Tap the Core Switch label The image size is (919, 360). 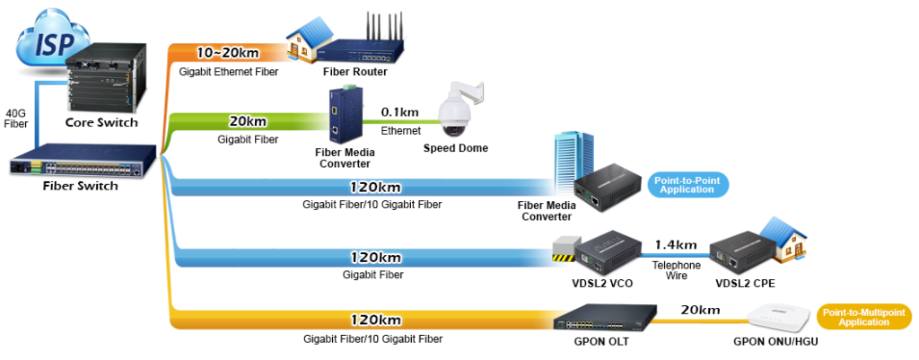tap(101, 122)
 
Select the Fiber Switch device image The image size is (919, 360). tap(80, 164)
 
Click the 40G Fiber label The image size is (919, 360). tap(17, 118)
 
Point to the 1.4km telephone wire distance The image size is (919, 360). tap(676, 243)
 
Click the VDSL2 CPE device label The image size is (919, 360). tap(744, 283)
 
